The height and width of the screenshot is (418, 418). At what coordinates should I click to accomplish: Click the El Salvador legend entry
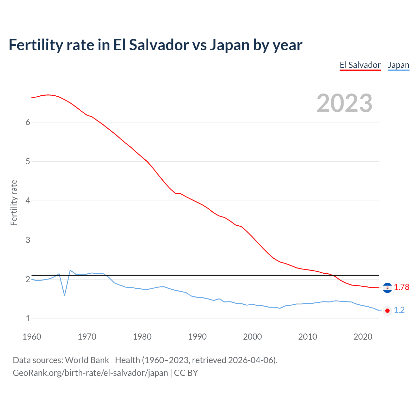coord(360,65)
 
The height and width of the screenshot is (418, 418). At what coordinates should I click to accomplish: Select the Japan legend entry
coord(398,65)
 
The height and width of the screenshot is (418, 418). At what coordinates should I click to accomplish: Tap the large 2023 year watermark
coord(344,103)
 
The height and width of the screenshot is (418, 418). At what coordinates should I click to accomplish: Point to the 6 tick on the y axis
coord(28,122)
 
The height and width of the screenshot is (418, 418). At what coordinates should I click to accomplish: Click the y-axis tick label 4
coord(28,201)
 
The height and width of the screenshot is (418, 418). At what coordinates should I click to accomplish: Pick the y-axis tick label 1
coord(28,318)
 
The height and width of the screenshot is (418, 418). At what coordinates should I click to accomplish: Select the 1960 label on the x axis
coord(32,337)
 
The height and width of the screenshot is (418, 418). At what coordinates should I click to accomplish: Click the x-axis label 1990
coord(197,337)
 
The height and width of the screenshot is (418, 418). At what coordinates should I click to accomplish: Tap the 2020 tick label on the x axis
coord(363,337)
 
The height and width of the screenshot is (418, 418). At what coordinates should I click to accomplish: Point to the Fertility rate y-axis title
coord(14,202)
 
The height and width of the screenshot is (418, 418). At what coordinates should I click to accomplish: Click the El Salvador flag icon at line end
coord(387,287)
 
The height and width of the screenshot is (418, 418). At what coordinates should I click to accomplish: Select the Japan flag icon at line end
coord(387,311)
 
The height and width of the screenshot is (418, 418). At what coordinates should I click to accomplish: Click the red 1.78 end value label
coord(401,287)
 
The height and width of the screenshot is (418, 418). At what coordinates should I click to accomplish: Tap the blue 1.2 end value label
coord(399,310)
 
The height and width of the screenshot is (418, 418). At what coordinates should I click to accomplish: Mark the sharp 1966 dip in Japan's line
coord(65,295)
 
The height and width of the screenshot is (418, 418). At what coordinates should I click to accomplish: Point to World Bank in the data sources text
coord(87,360)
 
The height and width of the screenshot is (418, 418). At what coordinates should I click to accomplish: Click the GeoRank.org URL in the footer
coord(90,373)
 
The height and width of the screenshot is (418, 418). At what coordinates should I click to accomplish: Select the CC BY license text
coord(186,373)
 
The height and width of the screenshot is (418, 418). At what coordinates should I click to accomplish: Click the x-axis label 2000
coord(252,337)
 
